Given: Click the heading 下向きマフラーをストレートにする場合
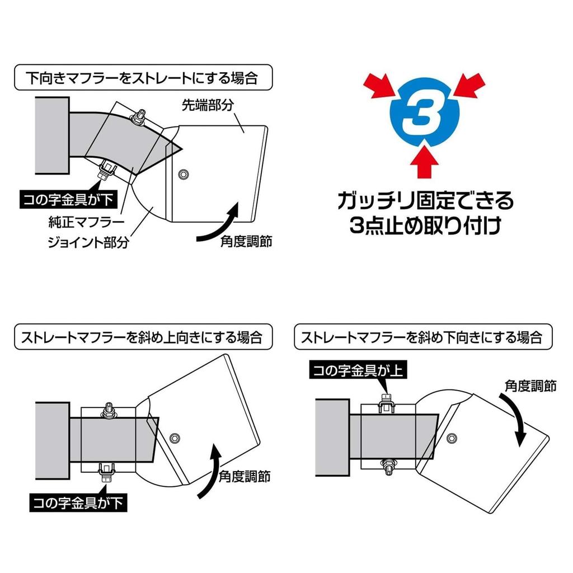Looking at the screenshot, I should (x=143, y=78).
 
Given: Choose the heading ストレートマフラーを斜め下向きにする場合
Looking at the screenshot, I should (x=422, y=337).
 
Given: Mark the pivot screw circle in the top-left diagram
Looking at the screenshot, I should (x=182, y=174).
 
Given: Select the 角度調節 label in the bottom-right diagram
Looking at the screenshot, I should (x=530, y=386).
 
